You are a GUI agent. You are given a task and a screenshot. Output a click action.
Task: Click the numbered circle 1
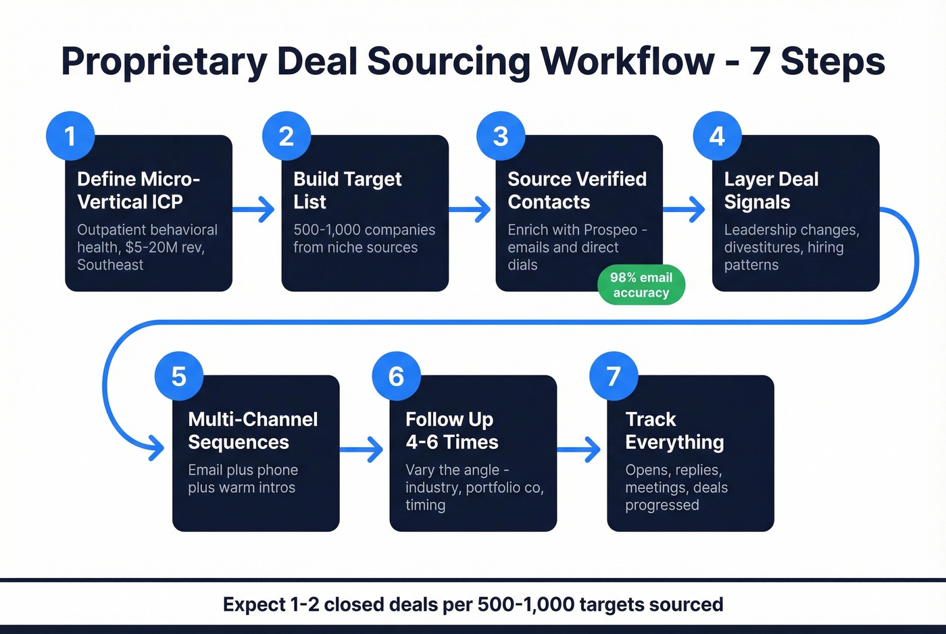[70, 136]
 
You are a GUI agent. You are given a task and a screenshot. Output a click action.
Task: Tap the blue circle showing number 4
[717, 136]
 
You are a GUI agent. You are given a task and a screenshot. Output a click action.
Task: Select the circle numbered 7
[614, 376]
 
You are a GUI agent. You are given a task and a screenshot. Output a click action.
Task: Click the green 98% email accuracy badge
[641, 285]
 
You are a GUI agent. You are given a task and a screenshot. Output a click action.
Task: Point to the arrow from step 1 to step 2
[254, 209]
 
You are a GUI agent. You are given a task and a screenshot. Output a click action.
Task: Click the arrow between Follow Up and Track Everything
[580, 450]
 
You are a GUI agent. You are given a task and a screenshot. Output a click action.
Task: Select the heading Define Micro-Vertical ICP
[138, 190]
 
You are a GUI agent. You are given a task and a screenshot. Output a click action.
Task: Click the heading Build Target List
[347, 190]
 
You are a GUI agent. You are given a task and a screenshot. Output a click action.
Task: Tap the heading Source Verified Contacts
[576, 190]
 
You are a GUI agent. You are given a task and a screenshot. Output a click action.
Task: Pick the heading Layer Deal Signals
[770, 190]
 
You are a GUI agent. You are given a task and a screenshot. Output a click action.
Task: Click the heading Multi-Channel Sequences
[253, 431]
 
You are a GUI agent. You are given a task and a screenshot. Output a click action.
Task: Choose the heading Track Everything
[674, 431]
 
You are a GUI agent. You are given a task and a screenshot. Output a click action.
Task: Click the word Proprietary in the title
[164, 61]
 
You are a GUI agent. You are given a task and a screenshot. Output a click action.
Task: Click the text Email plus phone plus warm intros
[243, 479]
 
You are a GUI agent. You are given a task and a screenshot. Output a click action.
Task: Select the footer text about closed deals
[473, 604]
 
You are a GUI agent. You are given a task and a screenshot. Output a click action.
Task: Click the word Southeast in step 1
[110, 265]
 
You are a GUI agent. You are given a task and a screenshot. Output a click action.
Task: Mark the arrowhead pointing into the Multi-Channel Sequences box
[157, 448]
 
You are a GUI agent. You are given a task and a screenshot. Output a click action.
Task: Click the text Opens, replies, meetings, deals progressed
[676, 487]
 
